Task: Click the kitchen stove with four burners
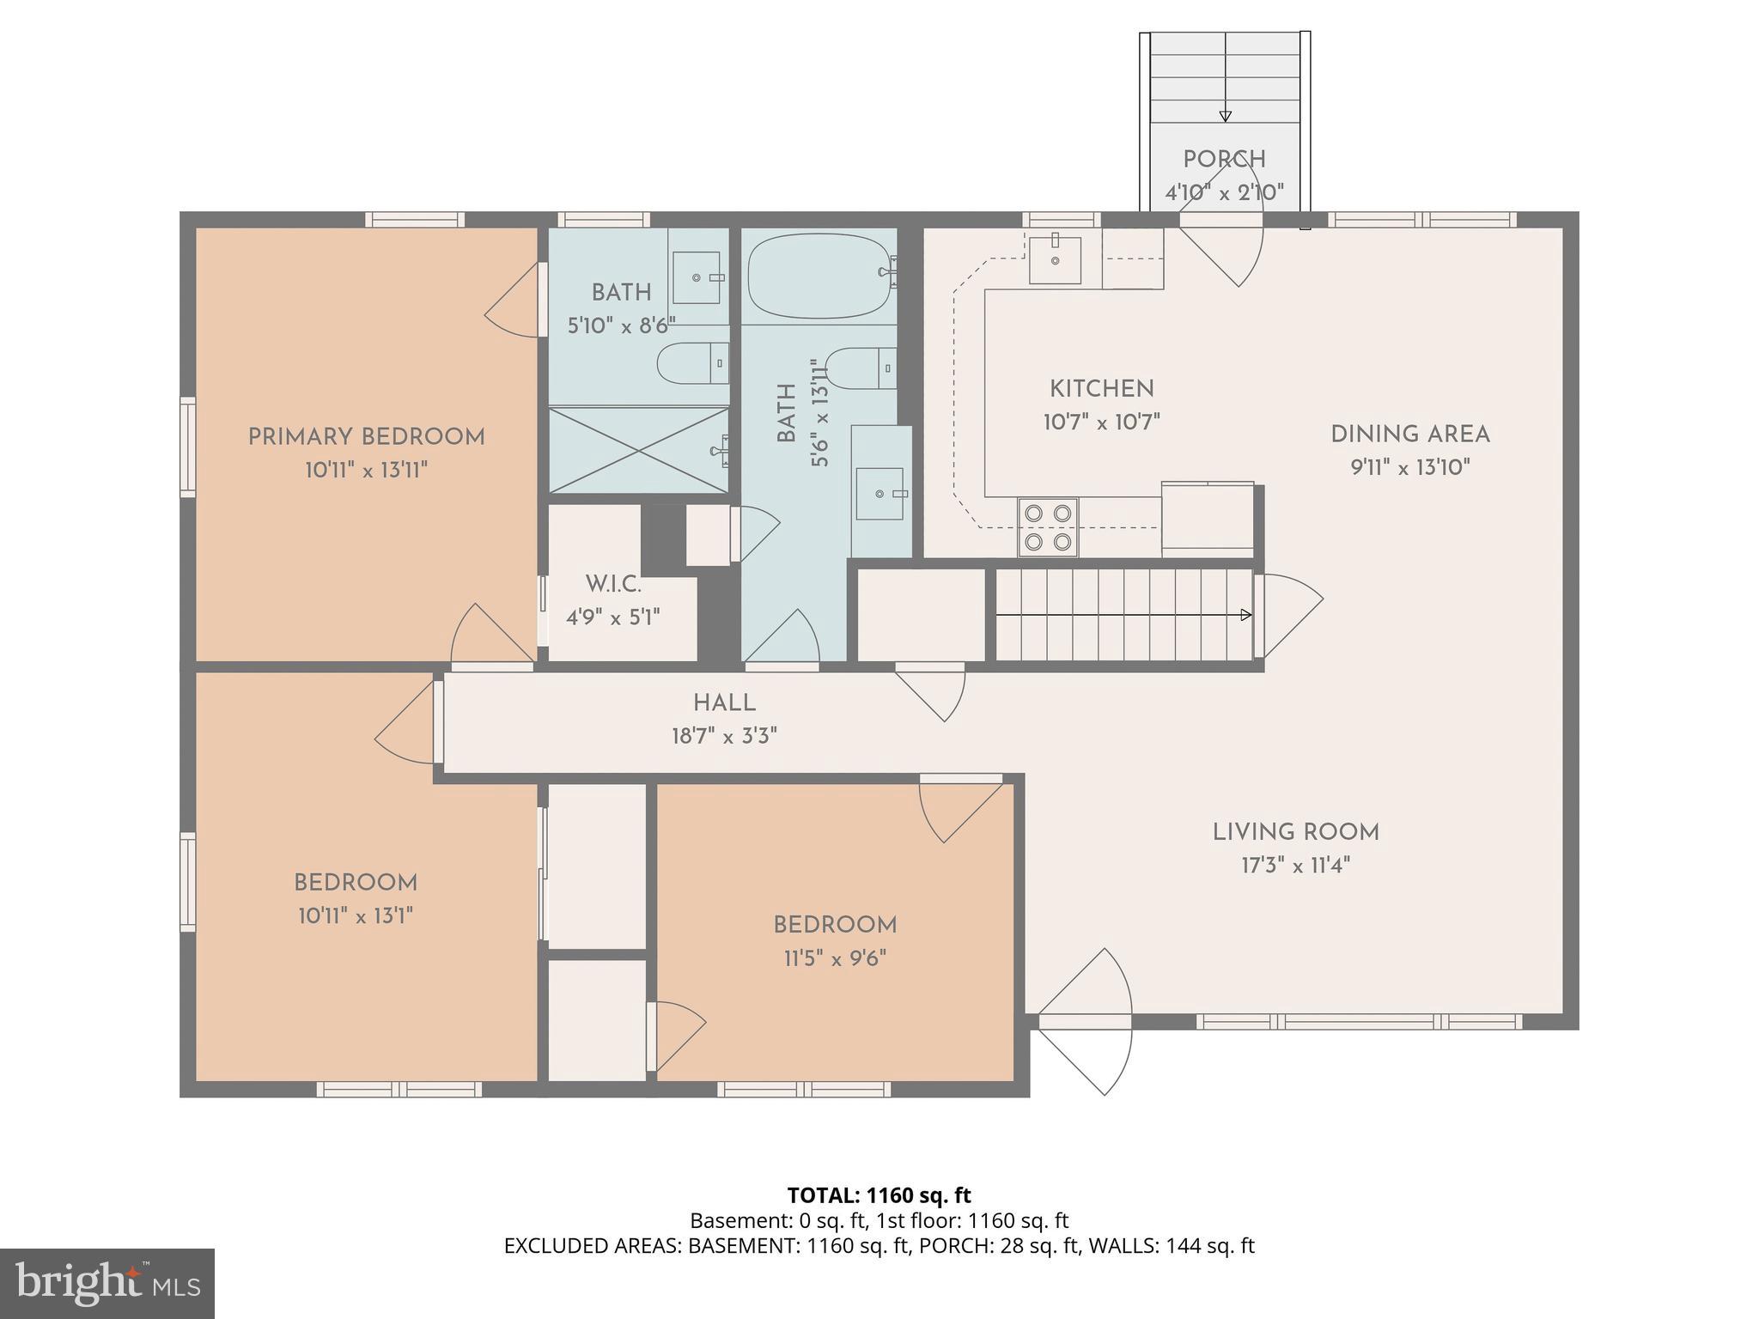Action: pyautogui.click(x=1048, y=527)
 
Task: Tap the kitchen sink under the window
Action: pyautogui.click(x=1055, y=258)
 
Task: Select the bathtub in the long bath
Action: pyautogui.click(x=819, y=276)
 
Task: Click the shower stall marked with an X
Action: pyautogui.click(x=638, y=450)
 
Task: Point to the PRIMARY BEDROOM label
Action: pyautogui.click(x=367, y=436)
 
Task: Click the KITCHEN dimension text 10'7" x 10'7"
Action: pyautogui.click(x=1102, y=422)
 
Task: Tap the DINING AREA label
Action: pyautogui.click(x=1409, y=434)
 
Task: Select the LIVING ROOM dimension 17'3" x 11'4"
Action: pyautogui.click(x=1295, y=865)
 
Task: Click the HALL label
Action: pyautogui.click(x=724, y=702)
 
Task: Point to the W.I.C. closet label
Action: pyautogui.click(x=613, y=584)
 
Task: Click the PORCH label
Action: pyautogui.click(x=1224, y=159)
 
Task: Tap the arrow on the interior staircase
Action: pyautogui.click(x=1245, y=615)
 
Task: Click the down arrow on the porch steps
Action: pyautogui.click(x=1225, y=116)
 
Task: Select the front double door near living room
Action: pyautogui.click(x=1085, y=1021)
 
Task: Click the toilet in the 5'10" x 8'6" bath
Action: pyautogui.click(x=692, y=363)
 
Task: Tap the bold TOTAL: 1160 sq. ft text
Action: pyautogui.click(x=879, y=1194)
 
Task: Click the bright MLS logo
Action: pyautogui.click(x=107, y=1284)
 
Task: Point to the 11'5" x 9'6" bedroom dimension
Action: pyautogui.click(x=835, y=957)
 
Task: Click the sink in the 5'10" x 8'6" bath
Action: pyautogui.click(x=696, y=277)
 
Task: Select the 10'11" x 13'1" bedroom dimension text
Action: pyautogui.click(x=356, y=915)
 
